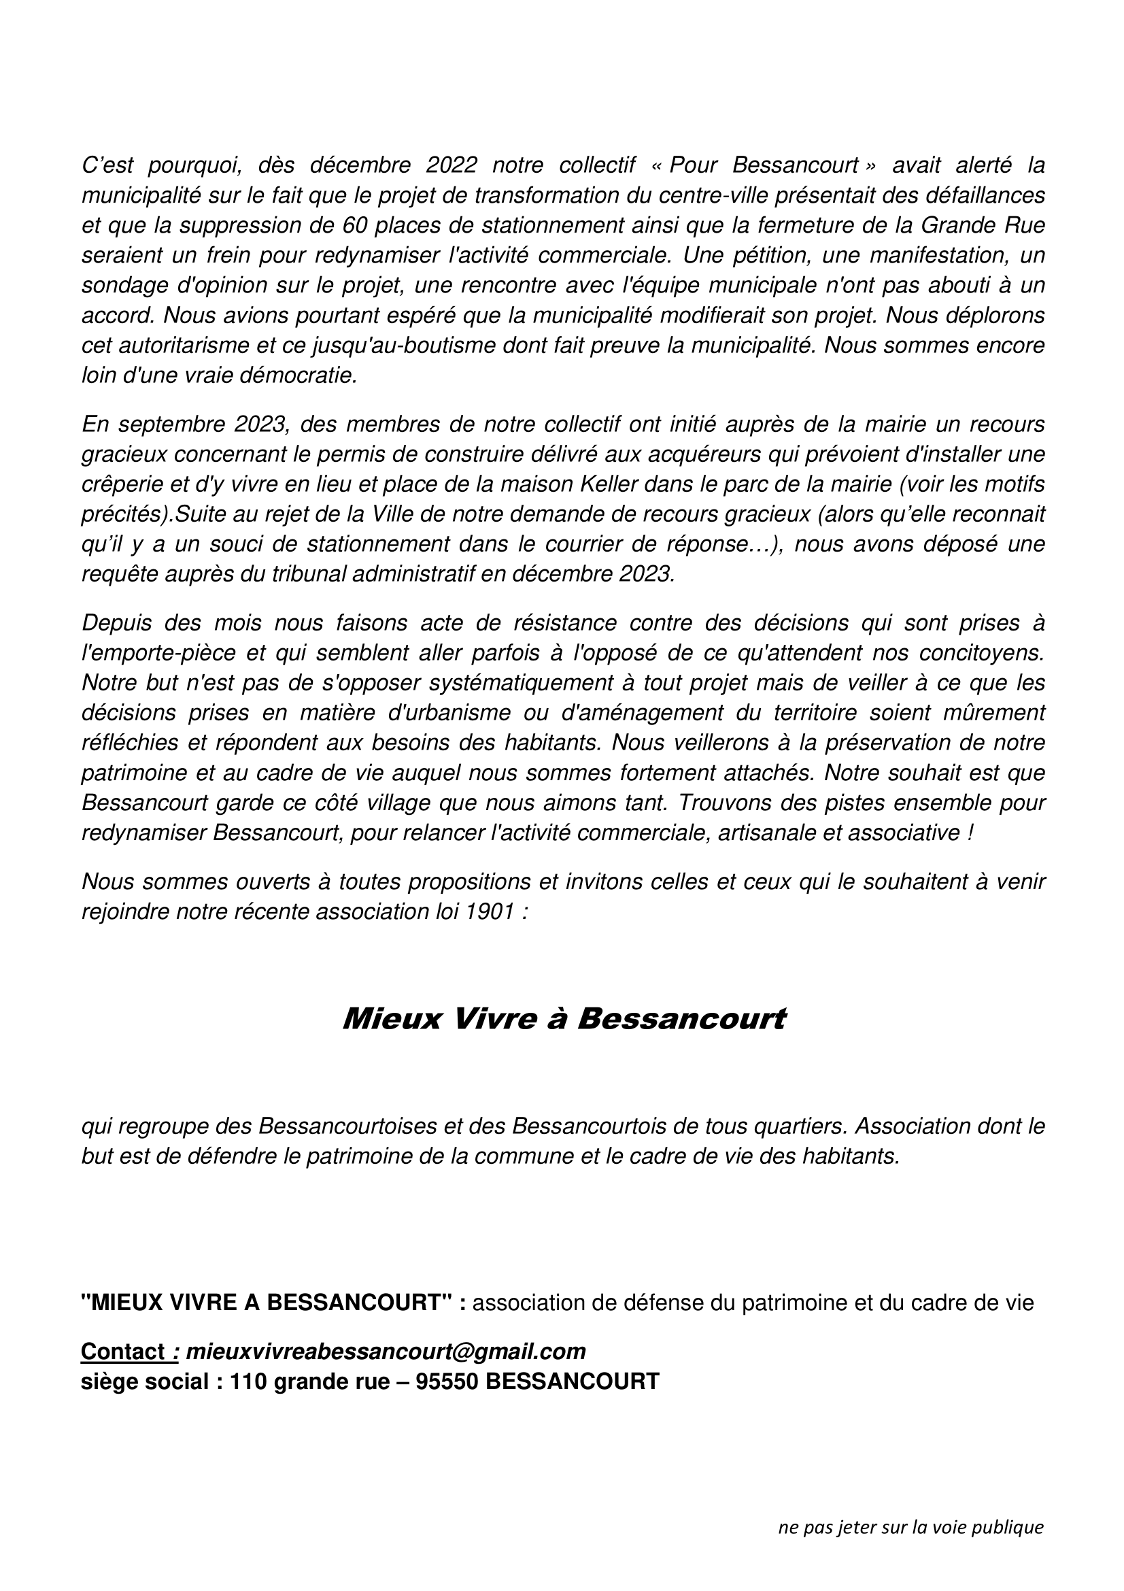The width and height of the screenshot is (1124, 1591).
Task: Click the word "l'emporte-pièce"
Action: coord(154,653)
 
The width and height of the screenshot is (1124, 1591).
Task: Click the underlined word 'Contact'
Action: coord(122,1352)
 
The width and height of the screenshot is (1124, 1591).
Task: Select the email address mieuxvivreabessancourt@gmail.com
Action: coord(386,1352)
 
